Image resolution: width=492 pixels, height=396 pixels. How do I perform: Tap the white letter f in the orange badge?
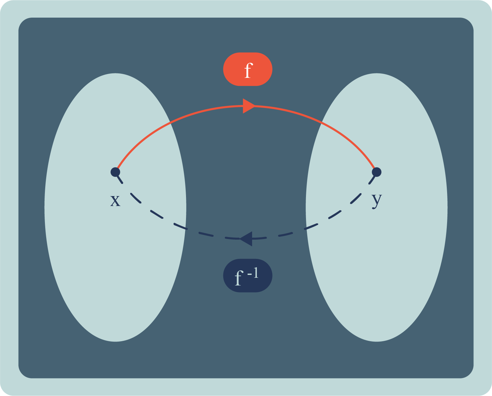pos(248,70)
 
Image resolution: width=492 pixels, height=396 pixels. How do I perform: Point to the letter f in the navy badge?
pos(238,278)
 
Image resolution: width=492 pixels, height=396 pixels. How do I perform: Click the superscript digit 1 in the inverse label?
pos(256,273)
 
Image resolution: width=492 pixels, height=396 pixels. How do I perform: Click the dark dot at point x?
pos(115,172)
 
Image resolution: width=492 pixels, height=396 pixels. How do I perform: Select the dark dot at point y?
pos(377,172)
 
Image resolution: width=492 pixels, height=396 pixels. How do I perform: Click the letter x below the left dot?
pos(115,201)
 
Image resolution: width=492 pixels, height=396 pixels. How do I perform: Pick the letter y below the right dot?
pos(377,200)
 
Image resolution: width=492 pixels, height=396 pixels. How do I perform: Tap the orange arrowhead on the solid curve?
pos(249,106)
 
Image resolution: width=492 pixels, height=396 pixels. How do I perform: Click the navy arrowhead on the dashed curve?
pos(246,239)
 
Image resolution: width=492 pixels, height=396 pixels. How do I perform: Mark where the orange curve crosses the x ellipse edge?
pos(170,122)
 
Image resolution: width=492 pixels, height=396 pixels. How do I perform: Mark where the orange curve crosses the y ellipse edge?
pos(322,122)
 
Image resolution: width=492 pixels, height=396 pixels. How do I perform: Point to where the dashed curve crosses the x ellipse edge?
pos(185,229)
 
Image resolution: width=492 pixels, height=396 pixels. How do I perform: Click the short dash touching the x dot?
pos(119,178)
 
